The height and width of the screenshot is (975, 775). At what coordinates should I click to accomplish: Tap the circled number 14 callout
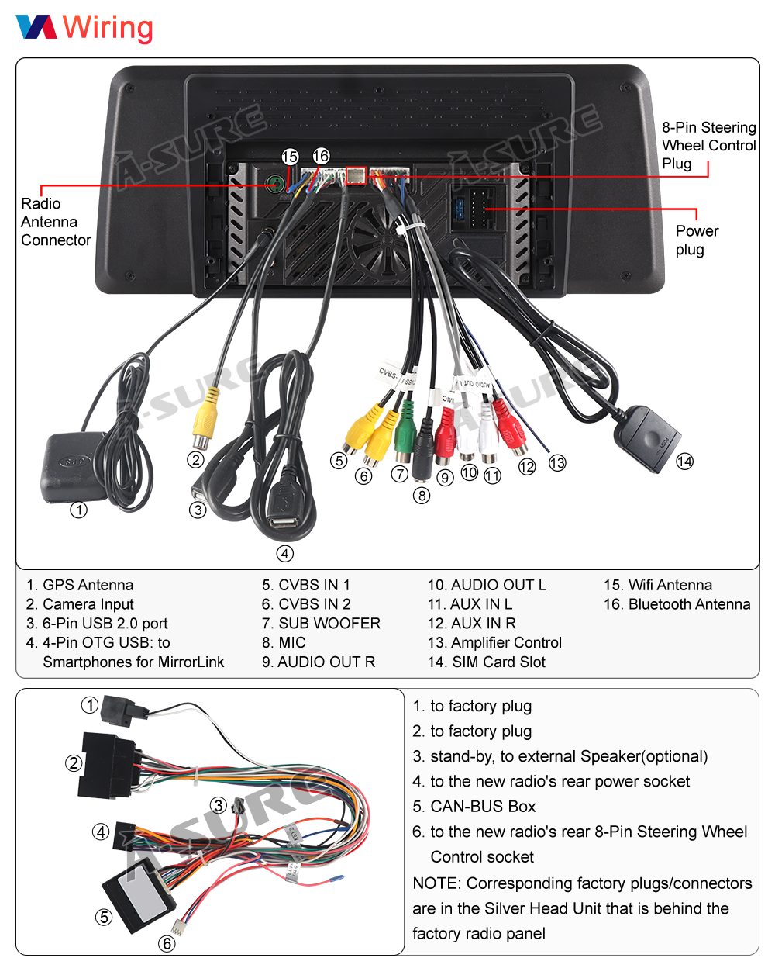(684, 462)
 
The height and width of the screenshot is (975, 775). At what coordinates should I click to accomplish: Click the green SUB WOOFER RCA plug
(404, 437)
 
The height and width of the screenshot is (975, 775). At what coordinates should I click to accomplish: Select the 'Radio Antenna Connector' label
(55, 222)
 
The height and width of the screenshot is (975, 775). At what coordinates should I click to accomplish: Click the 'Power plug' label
(696, 240)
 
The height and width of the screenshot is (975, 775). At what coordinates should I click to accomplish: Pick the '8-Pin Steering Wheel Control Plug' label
(708, 145)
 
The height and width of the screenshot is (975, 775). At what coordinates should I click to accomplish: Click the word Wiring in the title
(108, 27)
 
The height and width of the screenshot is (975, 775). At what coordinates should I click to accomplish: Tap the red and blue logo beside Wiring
(36, 26)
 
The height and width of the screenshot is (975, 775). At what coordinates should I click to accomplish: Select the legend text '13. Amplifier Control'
(494, 642)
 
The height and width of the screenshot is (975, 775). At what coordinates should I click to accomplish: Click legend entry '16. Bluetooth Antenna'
(677, 604)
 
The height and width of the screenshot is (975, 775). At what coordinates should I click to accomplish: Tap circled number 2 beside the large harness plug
(74, 763)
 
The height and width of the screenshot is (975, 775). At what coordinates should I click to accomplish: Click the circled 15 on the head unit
(290, 157)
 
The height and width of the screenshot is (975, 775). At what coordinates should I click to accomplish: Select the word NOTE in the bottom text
(435, 883)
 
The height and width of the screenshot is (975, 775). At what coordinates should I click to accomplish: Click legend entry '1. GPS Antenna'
(80, 585)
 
